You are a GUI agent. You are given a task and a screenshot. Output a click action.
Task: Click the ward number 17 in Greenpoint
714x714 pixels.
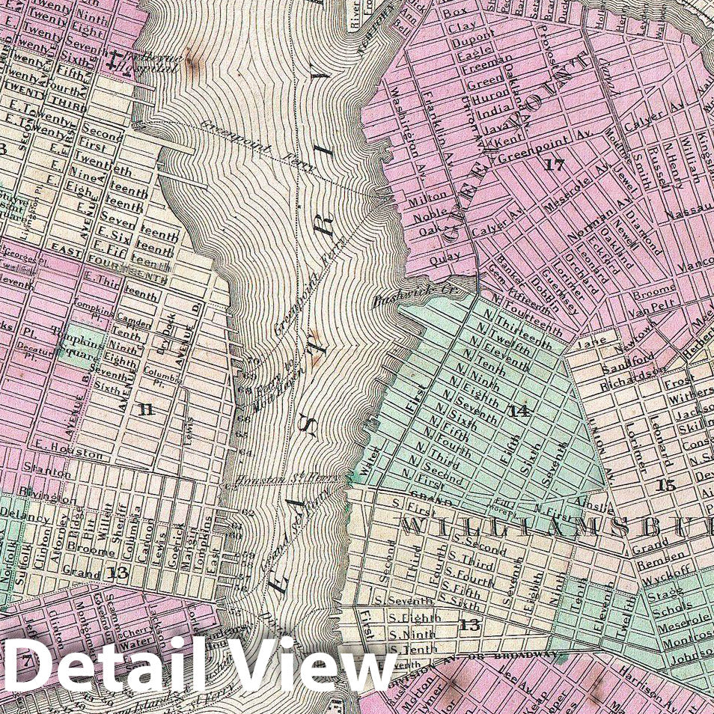tap(555, 165)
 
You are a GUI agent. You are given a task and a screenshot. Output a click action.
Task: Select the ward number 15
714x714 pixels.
tap(665, 484)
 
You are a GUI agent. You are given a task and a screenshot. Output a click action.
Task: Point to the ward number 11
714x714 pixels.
tap(145, 409)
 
